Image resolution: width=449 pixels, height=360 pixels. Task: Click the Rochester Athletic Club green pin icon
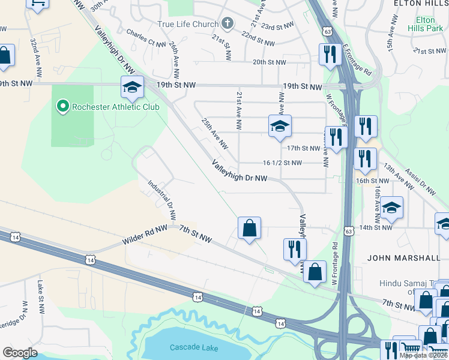pyautogui.click(x=62, y=107)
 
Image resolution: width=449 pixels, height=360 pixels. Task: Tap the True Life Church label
pyautogui.click(x=188, y=24)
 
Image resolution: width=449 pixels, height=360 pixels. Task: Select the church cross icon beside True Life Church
pyautogui.click(x=227, y=24)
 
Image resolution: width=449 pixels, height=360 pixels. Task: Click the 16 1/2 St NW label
pyautogui.click(x=282, y=163)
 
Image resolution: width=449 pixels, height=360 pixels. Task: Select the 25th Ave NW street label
pyautogui.click(x=215, y=133)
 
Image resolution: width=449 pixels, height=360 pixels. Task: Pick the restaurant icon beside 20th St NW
pyautogui.click(x=330, y=55)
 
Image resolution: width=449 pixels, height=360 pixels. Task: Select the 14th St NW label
pyautogui.click(x=375, y=227)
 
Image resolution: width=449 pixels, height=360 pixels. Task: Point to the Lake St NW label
pyautogui.click(x=41, y=298)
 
